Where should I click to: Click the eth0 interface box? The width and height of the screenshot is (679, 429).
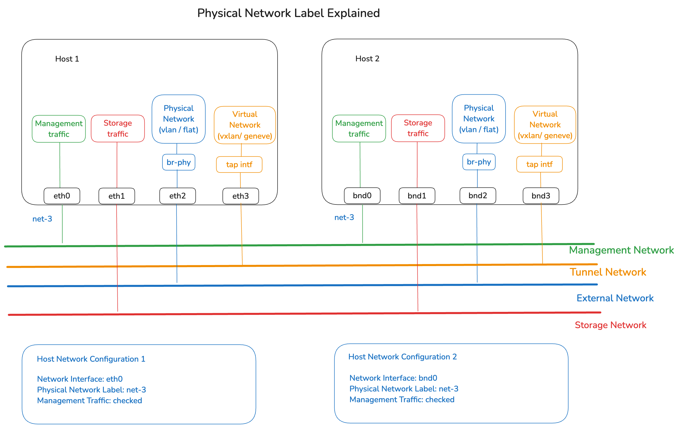click(62, 196)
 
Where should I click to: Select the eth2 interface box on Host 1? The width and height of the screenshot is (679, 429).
click(177, 196)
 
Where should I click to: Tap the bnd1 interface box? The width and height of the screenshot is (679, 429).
click(417, 196)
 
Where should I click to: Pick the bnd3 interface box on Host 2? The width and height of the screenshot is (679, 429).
click(541, 196)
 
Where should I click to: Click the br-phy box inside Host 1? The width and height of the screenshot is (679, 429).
click(178, 162)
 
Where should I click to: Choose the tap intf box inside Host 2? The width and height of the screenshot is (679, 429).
click(539, 164)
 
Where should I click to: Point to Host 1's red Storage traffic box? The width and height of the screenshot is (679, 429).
click(118, 128)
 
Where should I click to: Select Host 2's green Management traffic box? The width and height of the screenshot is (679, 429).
click(359, 128)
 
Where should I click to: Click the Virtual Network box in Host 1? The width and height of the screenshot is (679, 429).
click(245, 125)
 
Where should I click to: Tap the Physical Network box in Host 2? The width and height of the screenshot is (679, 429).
click(479, 119)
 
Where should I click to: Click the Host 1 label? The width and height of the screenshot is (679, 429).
click(67, 59)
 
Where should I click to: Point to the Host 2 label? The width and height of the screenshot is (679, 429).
click(367, 59)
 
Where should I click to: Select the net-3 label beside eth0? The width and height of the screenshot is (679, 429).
click(42, 219)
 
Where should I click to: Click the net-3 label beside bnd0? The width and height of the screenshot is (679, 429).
click(344, 218)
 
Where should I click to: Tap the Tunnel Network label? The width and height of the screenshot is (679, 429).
click(608, 272)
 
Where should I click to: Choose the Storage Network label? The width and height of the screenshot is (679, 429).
click(610, 325)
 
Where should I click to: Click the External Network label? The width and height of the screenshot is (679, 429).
click(615, 298)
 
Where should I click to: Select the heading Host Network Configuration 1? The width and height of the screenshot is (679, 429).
click(91, 359)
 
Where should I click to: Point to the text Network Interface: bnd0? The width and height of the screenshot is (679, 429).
click(393, 378)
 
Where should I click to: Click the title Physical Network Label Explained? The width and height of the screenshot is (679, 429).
click(289, 13)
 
